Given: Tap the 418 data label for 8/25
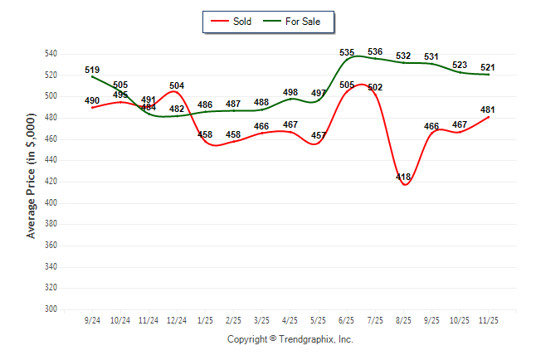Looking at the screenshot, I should pos(404,178).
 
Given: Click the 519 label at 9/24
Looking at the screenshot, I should pos(93,71).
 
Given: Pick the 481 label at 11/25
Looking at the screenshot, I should pos(488,109).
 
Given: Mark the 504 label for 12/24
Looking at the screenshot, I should pos(177,85).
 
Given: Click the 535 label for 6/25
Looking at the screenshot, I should pos(347,52).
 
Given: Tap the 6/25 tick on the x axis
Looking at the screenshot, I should pos(347,319).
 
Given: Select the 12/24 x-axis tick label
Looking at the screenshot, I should pos(176,319).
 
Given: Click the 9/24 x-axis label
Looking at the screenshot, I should pos(91,319).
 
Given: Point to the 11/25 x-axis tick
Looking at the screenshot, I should pos(488,319).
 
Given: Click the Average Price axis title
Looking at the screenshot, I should pos(31,182).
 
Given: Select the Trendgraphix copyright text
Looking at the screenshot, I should pos(290,339).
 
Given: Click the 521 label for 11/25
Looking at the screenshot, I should pos(488,67).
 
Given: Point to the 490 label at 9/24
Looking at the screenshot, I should pos(93,101).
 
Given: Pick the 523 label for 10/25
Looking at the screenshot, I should pos(460,65).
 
